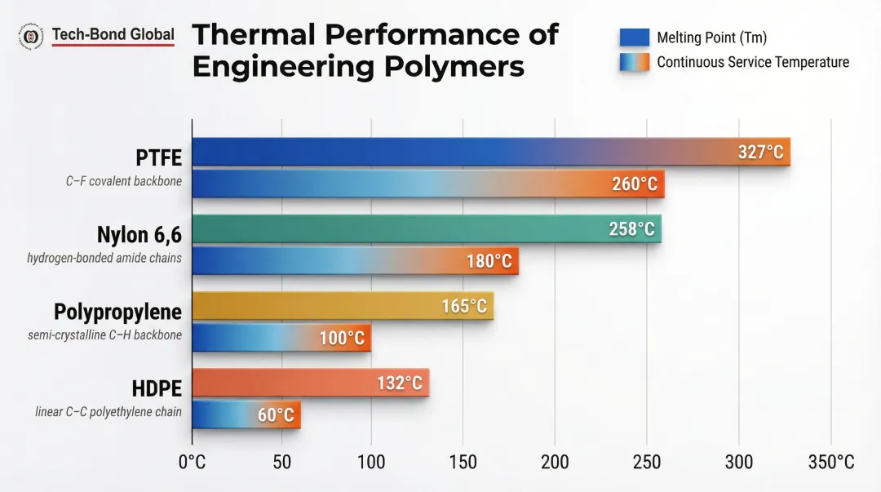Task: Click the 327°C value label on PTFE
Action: [x=760, y=153]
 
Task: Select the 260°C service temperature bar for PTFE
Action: [x=428, y=184]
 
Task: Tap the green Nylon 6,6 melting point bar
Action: [x=426, y=228]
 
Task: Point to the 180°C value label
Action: [x=489, y=261]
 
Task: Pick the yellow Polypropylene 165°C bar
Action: [x=343, y=306]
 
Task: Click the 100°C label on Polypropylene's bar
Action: [x=342, y=338]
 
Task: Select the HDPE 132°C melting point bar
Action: [x=310, y=383]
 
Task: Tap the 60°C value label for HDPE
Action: [x=276, y=414]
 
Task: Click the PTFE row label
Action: [x=159, y=157]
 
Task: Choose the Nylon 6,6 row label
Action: [x=139, y=235]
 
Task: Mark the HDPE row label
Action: [x=157, y=388]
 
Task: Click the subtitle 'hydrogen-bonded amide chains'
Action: [x=104, y=258]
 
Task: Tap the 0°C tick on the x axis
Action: [x=193, y=462]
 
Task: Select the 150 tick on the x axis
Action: [x=462, y=462]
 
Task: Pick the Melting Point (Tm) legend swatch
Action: [x=634, y=38]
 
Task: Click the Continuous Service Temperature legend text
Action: [x=753, y=62]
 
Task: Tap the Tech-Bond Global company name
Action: [x=113, y=34]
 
